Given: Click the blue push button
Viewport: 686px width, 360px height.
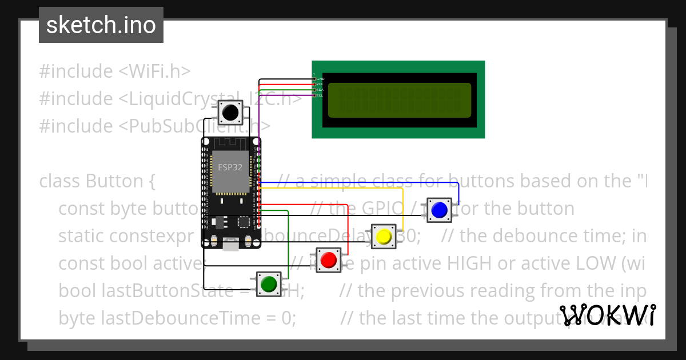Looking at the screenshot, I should pos(439,210).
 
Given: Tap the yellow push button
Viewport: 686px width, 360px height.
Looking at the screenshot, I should pos(384,236).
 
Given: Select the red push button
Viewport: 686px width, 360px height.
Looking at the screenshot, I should pos(328,260).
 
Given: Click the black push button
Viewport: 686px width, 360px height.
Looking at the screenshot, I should pos(230,112).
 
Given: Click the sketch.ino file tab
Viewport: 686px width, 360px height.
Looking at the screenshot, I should pos(101,25).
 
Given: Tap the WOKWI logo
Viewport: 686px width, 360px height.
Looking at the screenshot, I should pos(608,315).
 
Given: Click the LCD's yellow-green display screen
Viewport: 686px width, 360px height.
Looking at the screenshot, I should pos(400,100).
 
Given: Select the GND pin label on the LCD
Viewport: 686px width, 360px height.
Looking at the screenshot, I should pos(320,78).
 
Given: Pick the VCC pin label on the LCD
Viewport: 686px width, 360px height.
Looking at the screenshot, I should pos(320,84).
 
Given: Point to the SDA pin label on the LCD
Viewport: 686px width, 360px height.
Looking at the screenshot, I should pos(320,90).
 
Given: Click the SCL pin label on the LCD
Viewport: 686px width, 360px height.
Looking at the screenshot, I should pos(320,95).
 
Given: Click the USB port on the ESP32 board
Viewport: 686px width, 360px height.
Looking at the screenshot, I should pos(231,245).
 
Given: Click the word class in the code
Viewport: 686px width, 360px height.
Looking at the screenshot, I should pos(60,181).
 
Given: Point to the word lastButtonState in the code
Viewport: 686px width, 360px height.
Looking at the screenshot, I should pos(145,290).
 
